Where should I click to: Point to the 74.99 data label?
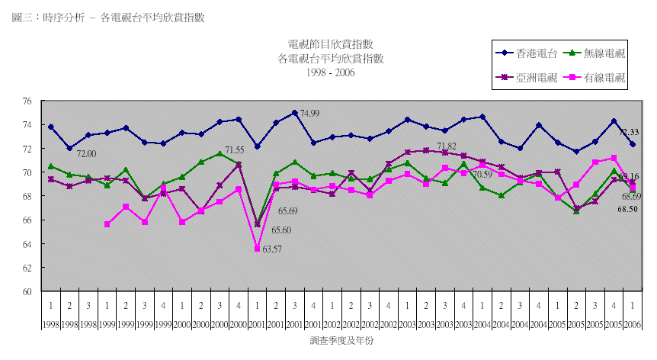pyautogui.click(x=309, y=114)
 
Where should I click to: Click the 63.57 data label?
pyautogui.click(x=272, y=249)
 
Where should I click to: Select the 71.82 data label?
pyautogui.click(x=447, y=146)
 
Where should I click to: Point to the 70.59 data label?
pyautogui.click(x=482, y=175)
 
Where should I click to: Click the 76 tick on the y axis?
pyautogui.click(x=27, y=101)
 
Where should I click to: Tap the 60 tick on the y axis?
pyautogui.click(x=27, y=291)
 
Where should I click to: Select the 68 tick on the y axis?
pyautogui.click(x=27, y=196)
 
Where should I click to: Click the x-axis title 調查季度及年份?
pyautogui.click(x=342, y=341)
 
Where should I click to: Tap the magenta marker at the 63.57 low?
pyautogui.click(x=257, y=249)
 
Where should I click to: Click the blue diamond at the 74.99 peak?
pyautogui.click(x=294, y=113)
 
